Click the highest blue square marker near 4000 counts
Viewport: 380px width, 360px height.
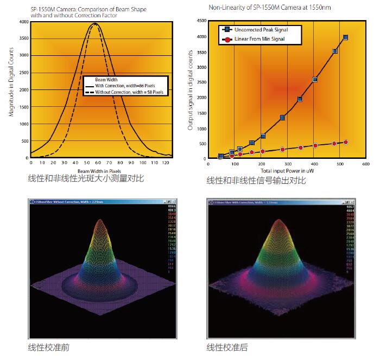click(346, 37)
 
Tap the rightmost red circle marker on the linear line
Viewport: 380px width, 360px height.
click(346, 142)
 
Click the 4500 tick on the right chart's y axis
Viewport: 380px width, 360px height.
click(200, 21)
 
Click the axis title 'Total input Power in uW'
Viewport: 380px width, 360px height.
click(287, 170)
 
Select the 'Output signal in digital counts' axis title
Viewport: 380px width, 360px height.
click(191, 90)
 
